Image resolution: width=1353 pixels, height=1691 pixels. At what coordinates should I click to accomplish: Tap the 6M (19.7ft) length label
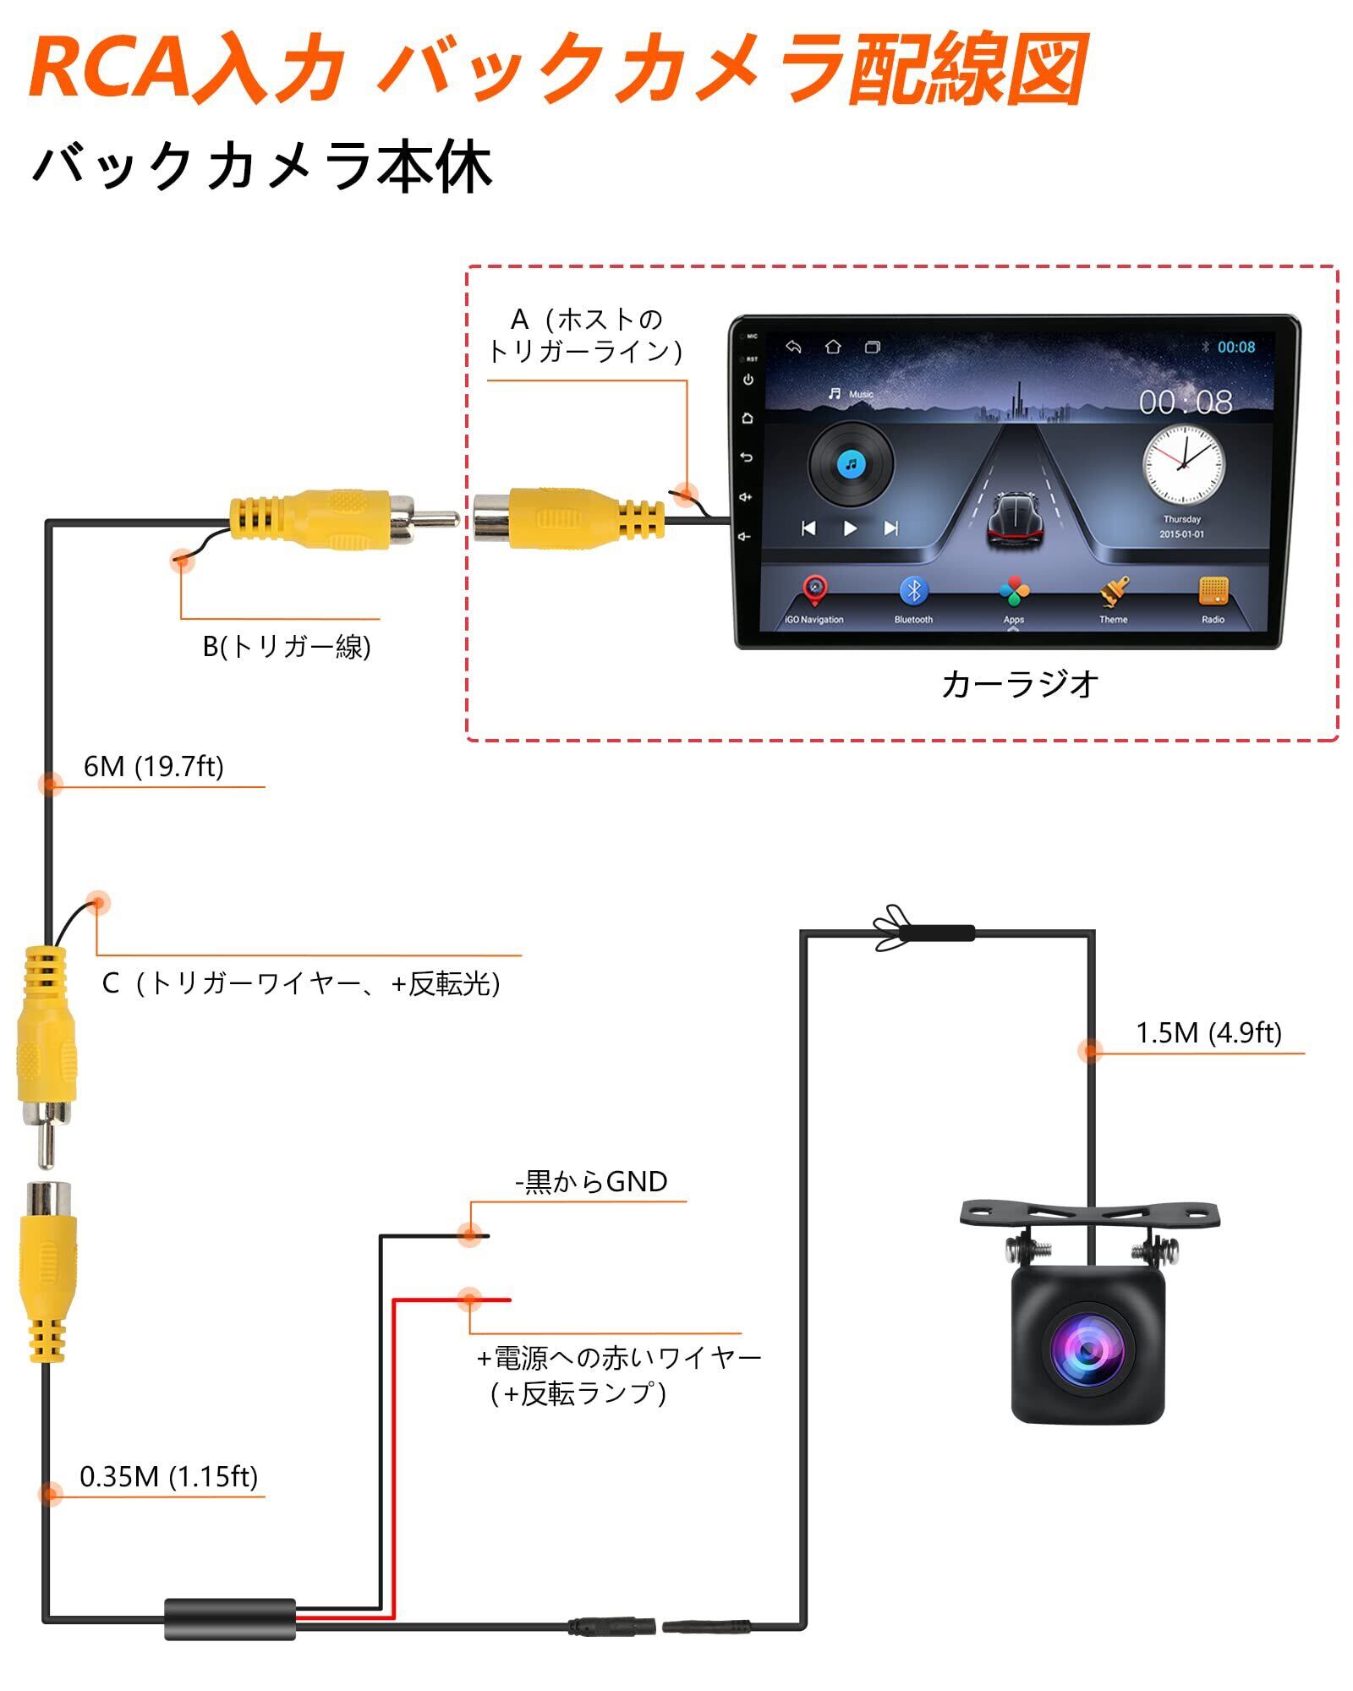153,767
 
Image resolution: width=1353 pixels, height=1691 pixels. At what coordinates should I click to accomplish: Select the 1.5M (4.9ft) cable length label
1208,1033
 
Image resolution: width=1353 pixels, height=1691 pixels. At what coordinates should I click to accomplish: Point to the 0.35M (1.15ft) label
168,1476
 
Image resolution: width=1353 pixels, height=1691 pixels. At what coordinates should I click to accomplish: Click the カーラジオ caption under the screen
1019,685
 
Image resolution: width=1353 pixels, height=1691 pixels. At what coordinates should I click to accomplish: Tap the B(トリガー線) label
287,647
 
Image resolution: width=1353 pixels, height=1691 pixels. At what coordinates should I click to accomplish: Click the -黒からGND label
591,1181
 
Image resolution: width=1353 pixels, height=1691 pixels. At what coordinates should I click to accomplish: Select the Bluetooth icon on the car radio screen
913,591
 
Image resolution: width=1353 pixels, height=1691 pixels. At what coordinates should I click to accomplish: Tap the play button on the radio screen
850,528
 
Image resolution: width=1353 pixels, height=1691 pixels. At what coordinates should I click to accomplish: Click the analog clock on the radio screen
1183,464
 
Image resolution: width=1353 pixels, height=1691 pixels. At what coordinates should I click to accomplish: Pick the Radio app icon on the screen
1213,591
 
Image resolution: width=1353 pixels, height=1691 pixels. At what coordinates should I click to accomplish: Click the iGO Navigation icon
814,591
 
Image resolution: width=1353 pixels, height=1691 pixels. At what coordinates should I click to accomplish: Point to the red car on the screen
1016,521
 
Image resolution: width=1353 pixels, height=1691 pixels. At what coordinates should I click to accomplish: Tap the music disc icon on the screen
851,464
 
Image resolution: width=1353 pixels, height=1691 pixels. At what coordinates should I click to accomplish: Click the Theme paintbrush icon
1114,591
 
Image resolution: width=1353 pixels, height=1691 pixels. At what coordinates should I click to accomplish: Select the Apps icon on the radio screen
1013,591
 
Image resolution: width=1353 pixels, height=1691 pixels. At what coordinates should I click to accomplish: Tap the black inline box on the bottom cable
230,1620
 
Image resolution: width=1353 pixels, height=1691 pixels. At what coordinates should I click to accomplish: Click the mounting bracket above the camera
1090,1215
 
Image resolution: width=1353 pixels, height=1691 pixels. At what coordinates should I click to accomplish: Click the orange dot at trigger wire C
98,903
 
